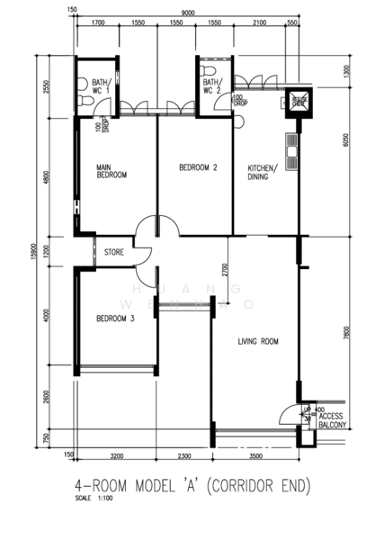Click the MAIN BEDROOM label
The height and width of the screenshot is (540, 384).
click(112, 171)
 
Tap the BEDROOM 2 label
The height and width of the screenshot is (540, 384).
click(198, 166)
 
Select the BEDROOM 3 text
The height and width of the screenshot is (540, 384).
click(115, 319)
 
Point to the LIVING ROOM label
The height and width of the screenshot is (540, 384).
click(258, 341)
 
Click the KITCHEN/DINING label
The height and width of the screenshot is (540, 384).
click(263, 172)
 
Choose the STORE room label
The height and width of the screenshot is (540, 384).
click(113, 252)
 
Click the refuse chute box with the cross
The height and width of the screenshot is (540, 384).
click(299, 102)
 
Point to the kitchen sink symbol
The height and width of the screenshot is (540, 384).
click(291, 154)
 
